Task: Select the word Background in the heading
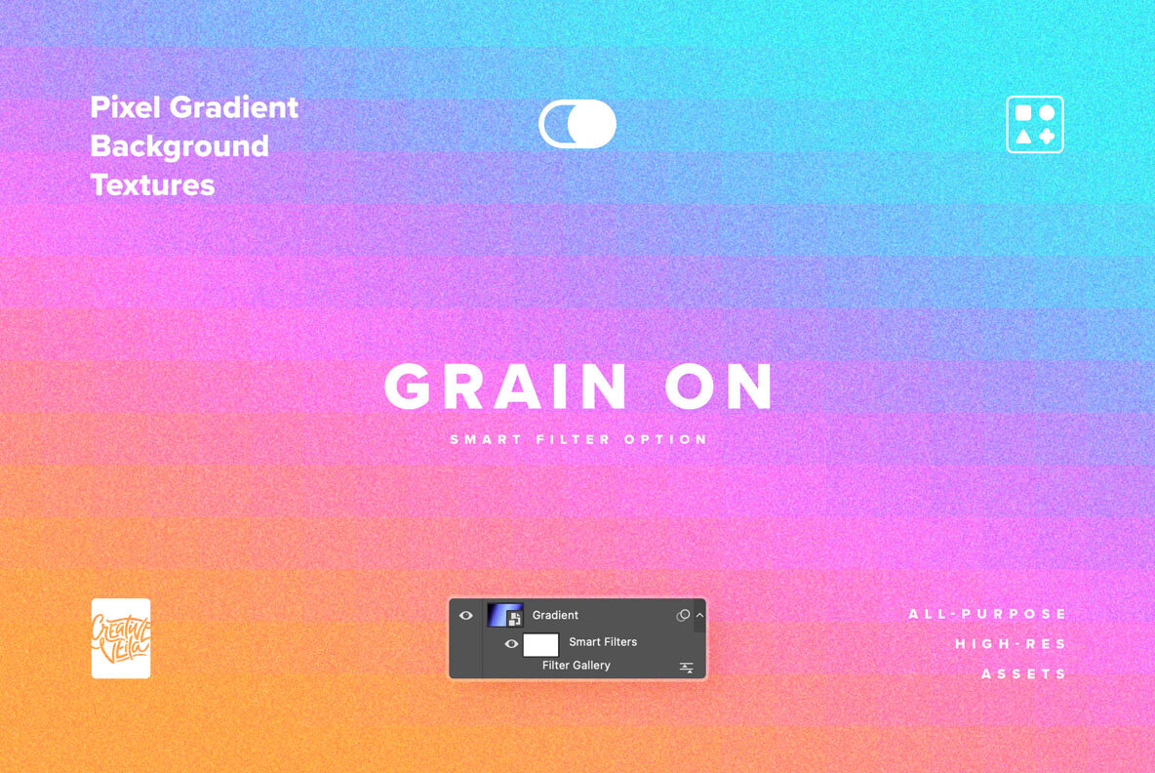pyautogui.click(x=179, y=146)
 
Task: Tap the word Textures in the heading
pyautogui.click(x=152, y=184)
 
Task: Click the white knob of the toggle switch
pyautogui.click(x=591, y=124)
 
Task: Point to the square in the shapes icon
pyautogui.click(x=1023, y=112)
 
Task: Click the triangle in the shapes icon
pyautogui.click(x=1023, y=137)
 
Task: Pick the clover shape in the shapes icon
pyautogui.click(x=1047, y=137)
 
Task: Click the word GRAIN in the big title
pyautogui.click(x=506, y=387)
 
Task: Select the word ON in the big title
pyautogui.click(x=719, y=387)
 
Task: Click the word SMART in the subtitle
pyautogui.click(x=486, y=440)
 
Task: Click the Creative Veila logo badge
pyautogui.click(x=121, y=638)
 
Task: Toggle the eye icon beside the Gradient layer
pyautogui.click(x=466, y=615)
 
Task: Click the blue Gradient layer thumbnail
pyautogui.click(x=505, y=615)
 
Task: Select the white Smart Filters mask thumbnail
pyautogui.click(x=541, y=644)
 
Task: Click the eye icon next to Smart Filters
pyautogui.click(x=511, y=643)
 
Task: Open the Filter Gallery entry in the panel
pyautogui.click(x=577, y=666)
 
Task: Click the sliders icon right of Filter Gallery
pyautogui.click(x=687, y=668)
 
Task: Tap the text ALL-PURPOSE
pyautogui.click(x=988, y=614)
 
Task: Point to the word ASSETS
pyautogui.click(x=1024, y=674)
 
